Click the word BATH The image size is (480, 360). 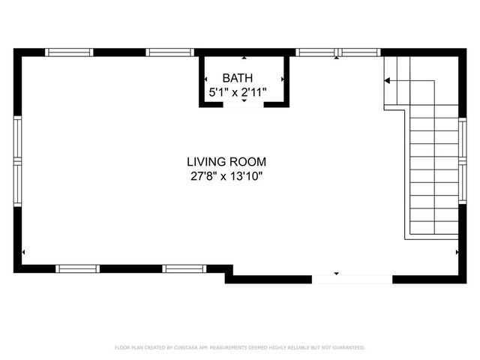(x=238, y=78)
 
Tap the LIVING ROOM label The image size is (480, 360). (x=226, y=161)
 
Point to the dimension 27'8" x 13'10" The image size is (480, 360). (x=226, y=177)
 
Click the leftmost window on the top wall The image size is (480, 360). (x=69, y=52)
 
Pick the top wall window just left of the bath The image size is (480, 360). (x=170, y=52)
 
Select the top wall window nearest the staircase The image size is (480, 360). (x=361, y=52)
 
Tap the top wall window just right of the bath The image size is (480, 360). (x=316, y=52)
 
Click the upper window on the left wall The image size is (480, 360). (x=17, y=139)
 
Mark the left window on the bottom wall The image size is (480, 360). (x=78, y=268)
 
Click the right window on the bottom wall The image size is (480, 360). (x=185, y=268)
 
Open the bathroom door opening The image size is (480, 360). (x=244, y=104)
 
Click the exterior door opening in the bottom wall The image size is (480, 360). (x=352, y=279)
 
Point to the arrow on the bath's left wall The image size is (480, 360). (x=205, y=78)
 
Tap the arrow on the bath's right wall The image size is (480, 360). (x=283, y=78)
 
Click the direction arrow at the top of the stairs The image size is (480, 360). (x=388, y=80)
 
